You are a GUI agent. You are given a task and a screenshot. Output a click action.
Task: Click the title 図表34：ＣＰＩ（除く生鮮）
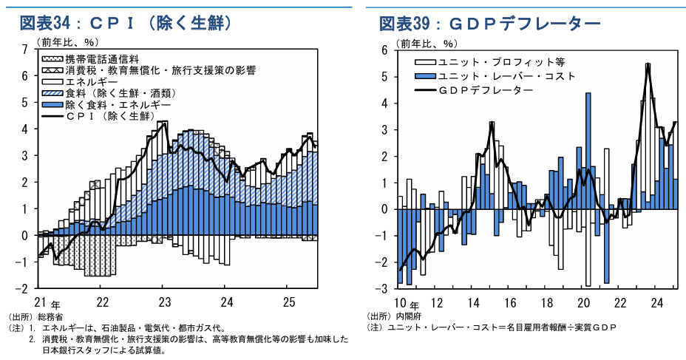pos(127,24)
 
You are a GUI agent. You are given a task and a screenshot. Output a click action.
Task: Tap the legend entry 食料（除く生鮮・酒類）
pos(118,93)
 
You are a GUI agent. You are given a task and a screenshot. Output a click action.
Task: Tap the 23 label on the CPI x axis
pos(165,302)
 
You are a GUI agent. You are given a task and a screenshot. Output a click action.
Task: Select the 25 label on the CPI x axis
pos(289,302)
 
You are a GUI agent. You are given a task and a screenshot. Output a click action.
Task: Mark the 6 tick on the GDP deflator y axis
pos(384,50)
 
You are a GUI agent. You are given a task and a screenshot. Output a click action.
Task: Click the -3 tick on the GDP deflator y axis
pos(382,288)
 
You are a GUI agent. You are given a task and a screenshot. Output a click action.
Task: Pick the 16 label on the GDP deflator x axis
pos(510,302)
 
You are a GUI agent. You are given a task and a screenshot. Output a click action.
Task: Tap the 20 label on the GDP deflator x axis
pos(583,302)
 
